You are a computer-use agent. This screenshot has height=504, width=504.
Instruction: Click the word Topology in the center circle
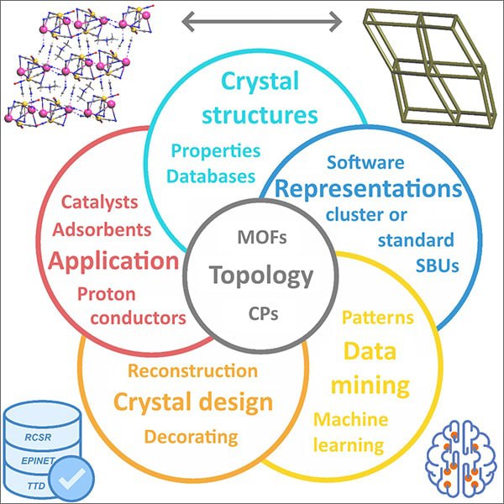(x=261, y=276)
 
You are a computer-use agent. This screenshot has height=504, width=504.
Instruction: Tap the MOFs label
(x=262, y=237)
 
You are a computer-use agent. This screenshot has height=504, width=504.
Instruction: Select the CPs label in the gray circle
(x=263, y=313)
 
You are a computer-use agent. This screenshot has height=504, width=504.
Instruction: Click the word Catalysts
(x=100, y=202)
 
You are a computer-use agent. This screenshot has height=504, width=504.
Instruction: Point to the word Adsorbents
(x=102, y=229)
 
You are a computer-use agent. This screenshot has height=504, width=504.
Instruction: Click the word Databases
(x=211, y=176)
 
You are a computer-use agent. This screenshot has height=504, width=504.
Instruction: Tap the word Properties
(x=216, y=151)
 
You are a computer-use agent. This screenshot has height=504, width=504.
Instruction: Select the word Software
(x=365, y=162)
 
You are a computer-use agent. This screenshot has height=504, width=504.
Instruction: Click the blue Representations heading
(x=369, y=189)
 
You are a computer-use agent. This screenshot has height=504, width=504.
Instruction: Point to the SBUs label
(x=437, y=265)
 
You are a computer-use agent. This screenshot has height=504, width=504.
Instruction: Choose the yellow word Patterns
(x=378, y=318)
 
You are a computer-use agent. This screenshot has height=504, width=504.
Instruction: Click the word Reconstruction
(x=193, y=370)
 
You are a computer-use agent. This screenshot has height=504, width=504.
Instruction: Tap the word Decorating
(x=191, y=437)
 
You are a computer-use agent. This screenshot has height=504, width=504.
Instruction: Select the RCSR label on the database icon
(x=38, y=437)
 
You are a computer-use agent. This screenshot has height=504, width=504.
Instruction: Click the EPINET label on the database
(x=38, y=460)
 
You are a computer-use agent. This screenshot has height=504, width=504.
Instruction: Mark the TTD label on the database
(x=36, y=486)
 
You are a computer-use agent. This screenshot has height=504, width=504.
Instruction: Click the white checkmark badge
(x=72, y=479)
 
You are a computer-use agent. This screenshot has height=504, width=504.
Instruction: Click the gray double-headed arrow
(x=261, y=22)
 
